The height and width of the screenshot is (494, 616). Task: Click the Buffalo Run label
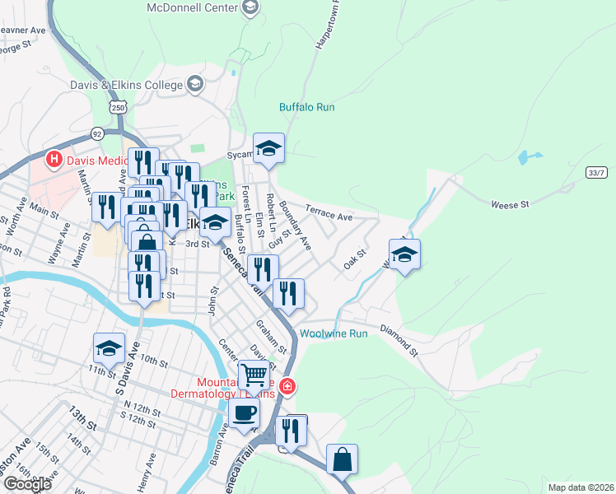pyautogui.click(x=306, y=107)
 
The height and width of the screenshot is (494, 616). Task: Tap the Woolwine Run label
pyautogui.click(x=333, y=333)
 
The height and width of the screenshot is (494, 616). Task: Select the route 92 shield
pyautogui.click(x=97, y=133)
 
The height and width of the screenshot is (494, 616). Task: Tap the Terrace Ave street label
pyautogui.click(x=329, y=213)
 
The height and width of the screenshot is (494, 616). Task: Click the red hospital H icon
pyautogui.click(x=54, y=158)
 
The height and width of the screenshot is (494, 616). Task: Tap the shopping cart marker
pyautogui.click(x=254, y=375)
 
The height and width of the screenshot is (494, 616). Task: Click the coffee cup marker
pyautogui.click(x=245, y=413)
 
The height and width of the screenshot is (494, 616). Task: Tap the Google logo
pyautogui.click(x=27, y=484)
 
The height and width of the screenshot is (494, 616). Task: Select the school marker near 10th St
pyautogui.click(x=109, y=348)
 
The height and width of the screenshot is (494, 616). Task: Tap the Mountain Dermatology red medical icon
pyautogui.click(x=287, y=385)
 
